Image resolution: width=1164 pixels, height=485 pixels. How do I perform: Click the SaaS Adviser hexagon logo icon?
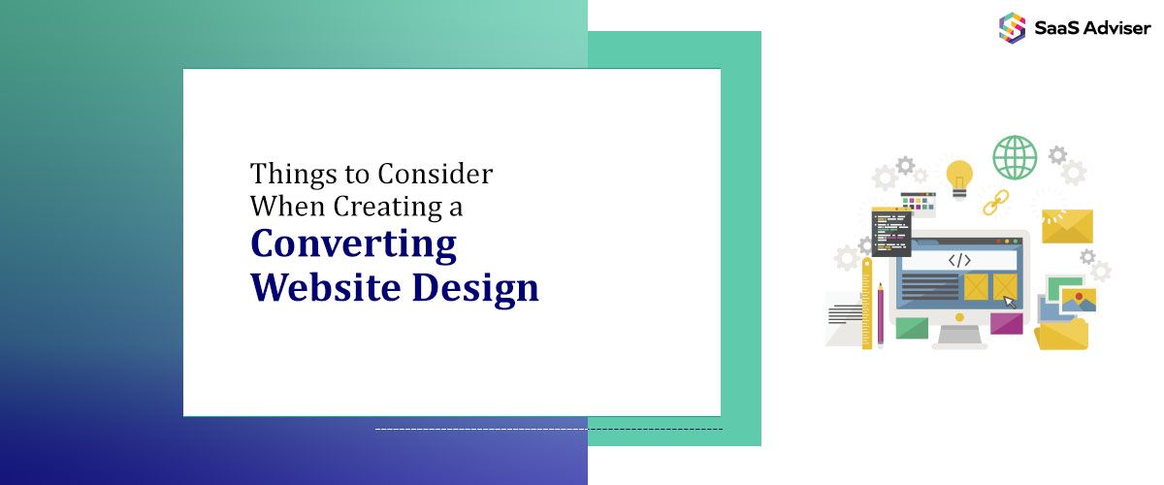(x=1013, y=26)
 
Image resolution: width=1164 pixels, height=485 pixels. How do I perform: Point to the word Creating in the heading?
(x=384, y=207)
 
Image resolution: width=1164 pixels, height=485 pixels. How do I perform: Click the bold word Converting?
(x=353, y=244)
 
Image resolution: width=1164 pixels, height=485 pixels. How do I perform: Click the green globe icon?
(x=1015, y=157)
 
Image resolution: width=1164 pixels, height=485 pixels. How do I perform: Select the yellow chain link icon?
(x=995, y=202)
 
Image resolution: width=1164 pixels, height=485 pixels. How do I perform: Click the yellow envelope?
(x=1067, y=226)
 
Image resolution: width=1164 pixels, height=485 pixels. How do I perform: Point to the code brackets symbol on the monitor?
(x=959, y=260)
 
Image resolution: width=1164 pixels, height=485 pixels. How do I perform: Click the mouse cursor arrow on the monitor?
(x=1010, y=302)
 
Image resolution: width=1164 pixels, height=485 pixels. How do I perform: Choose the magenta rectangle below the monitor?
(x=1006, y=324)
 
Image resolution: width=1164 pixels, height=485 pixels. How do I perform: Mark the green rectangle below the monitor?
(x=912, y=328)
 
